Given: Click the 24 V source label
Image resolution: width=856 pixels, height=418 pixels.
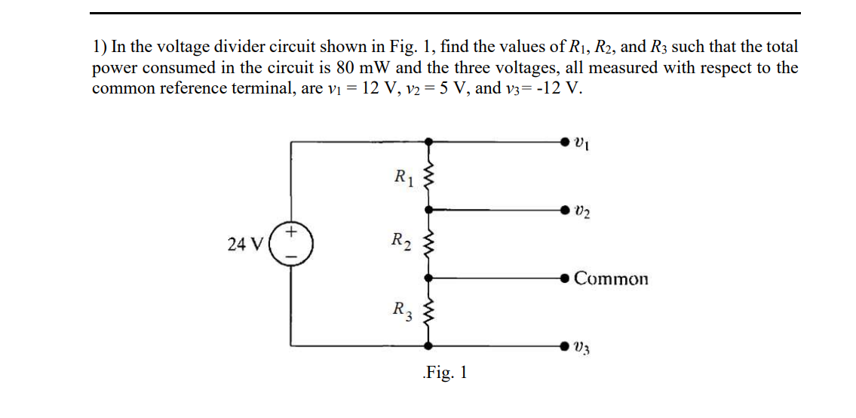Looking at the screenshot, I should pyautogui.click(x=245, y=244).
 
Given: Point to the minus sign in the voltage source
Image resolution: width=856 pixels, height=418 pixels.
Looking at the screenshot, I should pyautogui.click(x=290, y=256).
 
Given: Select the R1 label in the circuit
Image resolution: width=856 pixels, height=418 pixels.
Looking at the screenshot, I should pyautogui.click(x=405, y=179).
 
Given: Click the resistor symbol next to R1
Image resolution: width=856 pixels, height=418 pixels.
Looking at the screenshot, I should pyautogui.click(x=430, y=179).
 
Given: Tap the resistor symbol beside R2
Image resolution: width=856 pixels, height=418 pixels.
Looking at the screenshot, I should pyautogui.click(x=430, y=243).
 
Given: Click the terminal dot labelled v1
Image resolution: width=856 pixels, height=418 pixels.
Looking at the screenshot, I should pyautogui.click(x=565, y=141).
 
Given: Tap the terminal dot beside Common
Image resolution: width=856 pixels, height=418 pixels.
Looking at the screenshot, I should pyautogui.click(x=565, y=278).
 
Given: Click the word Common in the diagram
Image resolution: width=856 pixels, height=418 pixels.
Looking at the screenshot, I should pyautogui.click(x=611, y=279).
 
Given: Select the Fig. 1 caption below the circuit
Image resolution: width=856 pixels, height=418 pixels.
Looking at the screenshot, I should pyautogui.click(x=445, y=372).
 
